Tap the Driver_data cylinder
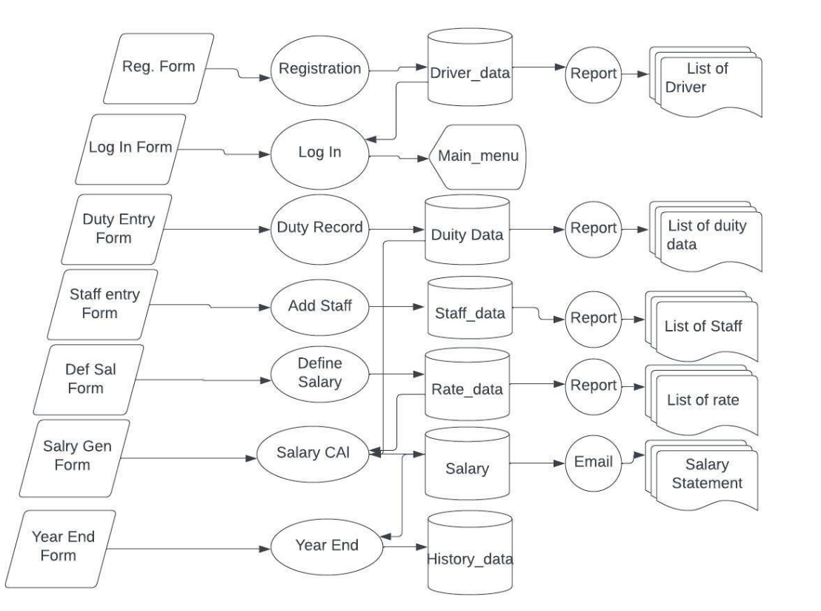coord(471,73)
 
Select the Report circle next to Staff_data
coord(592,317)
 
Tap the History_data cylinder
coord(469,549)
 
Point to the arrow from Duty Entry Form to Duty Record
coord(215,229)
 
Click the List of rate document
coord(702,400)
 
